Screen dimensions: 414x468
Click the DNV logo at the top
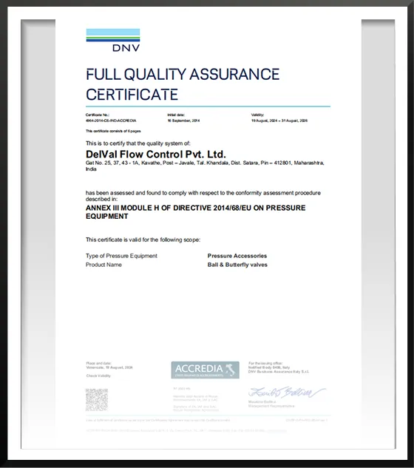(112, 40)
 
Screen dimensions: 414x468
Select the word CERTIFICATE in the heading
(132, 94)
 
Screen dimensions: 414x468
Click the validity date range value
(279, 120)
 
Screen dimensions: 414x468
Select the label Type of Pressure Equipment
(121, 256)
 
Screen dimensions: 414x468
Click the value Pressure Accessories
(237, 256)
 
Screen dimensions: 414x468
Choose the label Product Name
(103, 264)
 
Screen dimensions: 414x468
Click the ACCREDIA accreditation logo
(205, 370)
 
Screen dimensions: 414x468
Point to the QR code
(97, 399)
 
